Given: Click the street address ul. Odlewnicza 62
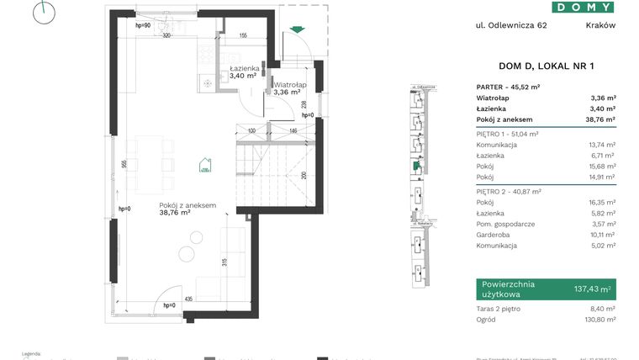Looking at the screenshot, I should click(x=511, y=25).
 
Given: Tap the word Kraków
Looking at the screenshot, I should click(x=600, y=25).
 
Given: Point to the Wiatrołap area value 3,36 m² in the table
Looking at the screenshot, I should click(x=603, y=97).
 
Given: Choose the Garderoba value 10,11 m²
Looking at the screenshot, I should click(x=601, y=235).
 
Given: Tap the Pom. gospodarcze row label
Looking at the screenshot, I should click(x=505, y=224).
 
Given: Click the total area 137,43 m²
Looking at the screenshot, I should click(x=592, y=289).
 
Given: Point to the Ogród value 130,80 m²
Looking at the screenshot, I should click(x=600, y=320).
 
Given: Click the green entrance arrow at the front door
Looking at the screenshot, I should click(x=295, y=31).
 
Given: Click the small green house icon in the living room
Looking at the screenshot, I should click(x=204, y=165).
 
